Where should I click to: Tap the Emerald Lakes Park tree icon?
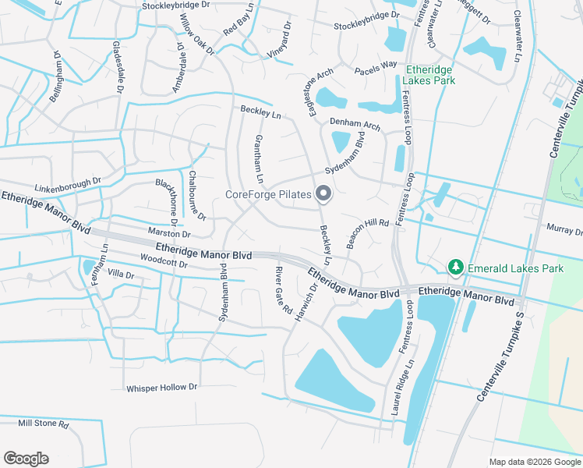455,268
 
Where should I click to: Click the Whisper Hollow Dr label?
162,387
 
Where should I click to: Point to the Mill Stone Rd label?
44,424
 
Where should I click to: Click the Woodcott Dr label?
164,262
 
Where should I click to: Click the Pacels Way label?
376,69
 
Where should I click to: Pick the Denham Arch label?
355,123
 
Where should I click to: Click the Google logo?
26,459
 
